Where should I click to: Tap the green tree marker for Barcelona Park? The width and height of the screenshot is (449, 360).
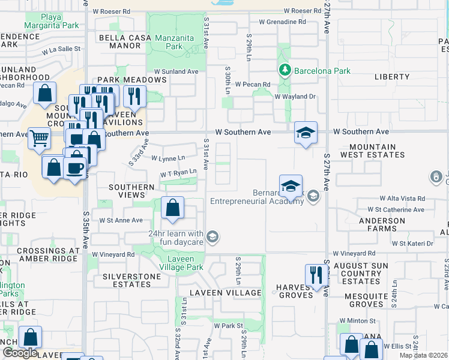coord(285,71)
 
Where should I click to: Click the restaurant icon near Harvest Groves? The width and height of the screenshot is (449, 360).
coord(316,275)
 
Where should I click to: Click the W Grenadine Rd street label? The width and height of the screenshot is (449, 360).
coord(282,22)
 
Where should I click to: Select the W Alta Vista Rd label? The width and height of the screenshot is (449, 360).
coord(402,198)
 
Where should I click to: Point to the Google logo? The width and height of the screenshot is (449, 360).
coord(20,353)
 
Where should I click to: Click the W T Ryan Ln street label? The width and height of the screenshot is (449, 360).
coord(178,173)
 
